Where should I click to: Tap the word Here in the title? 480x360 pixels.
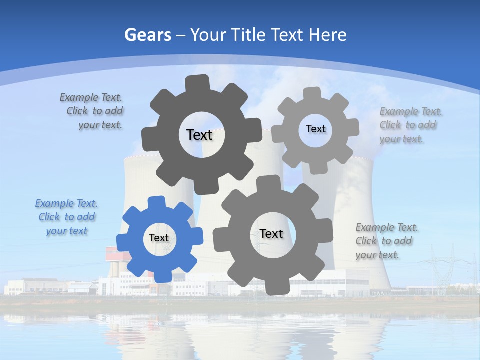[x=327, y=35]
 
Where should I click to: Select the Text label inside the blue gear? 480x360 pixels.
[x=159, y=238]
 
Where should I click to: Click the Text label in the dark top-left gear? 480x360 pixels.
[x=199, y=135]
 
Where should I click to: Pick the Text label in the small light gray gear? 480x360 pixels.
[x=315, y=129]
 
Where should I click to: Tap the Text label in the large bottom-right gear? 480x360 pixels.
[x=271, y=233]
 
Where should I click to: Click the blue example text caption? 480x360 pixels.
[x=66, y=217]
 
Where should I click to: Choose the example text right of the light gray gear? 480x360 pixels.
[x=410, y=125]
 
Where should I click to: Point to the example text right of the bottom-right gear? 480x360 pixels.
[x=386, y=241]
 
